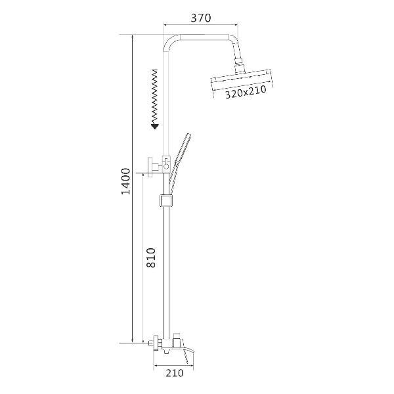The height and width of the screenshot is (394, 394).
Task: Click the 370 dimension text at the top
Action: [x=200, y=18]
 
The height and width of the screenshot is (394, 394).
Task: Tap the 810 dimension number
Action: [x=150, y=258]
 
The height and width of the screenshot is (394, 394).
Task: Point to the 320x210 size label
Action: [x=245, y=94]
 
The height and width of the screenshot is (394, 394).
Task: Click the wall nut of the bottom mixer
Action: [x=156, y=342]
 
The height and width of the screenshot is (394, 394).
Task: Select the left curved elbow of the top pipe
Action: [x=173, y=43]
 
